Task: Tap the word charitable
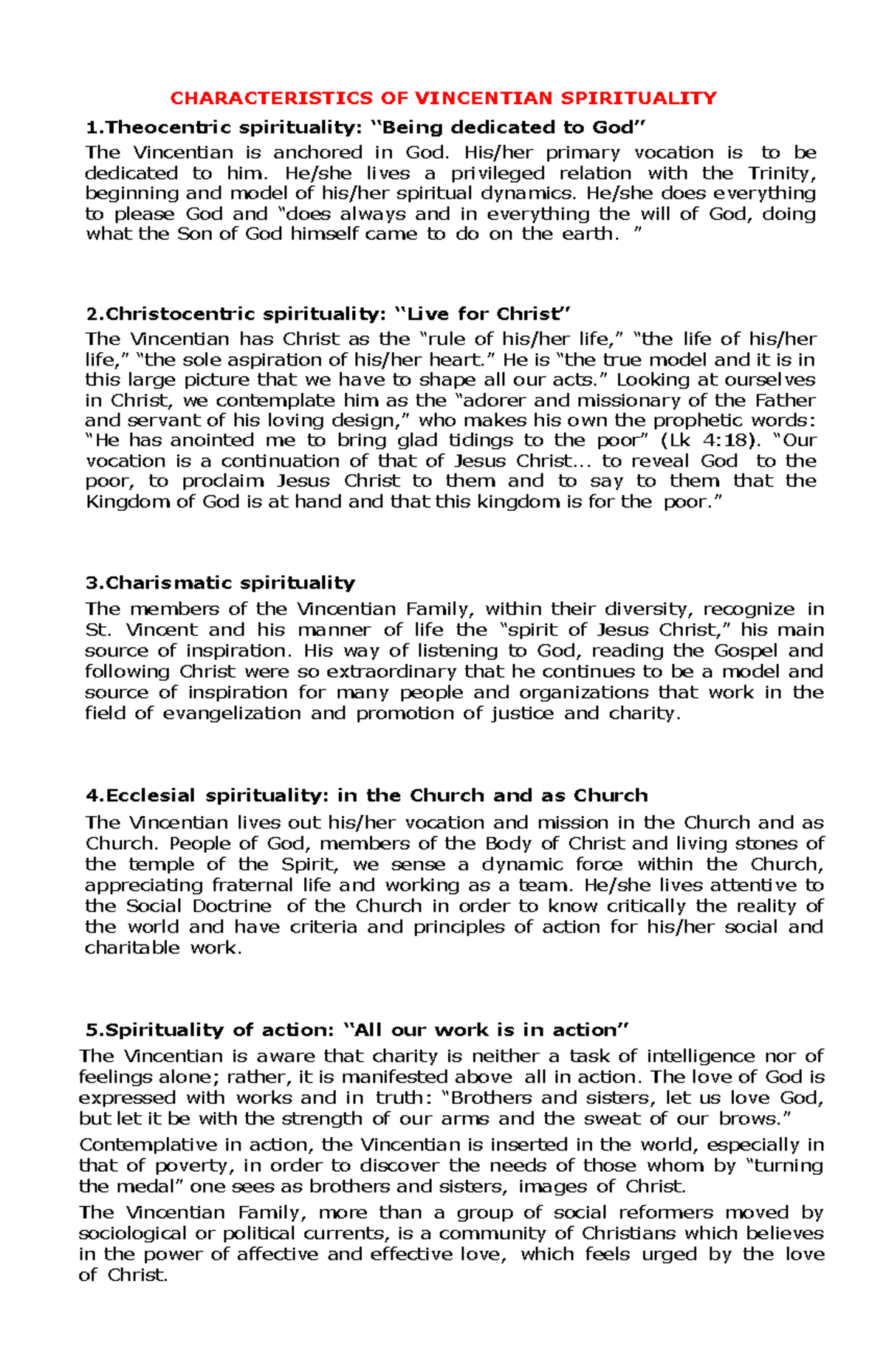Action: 132,947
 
